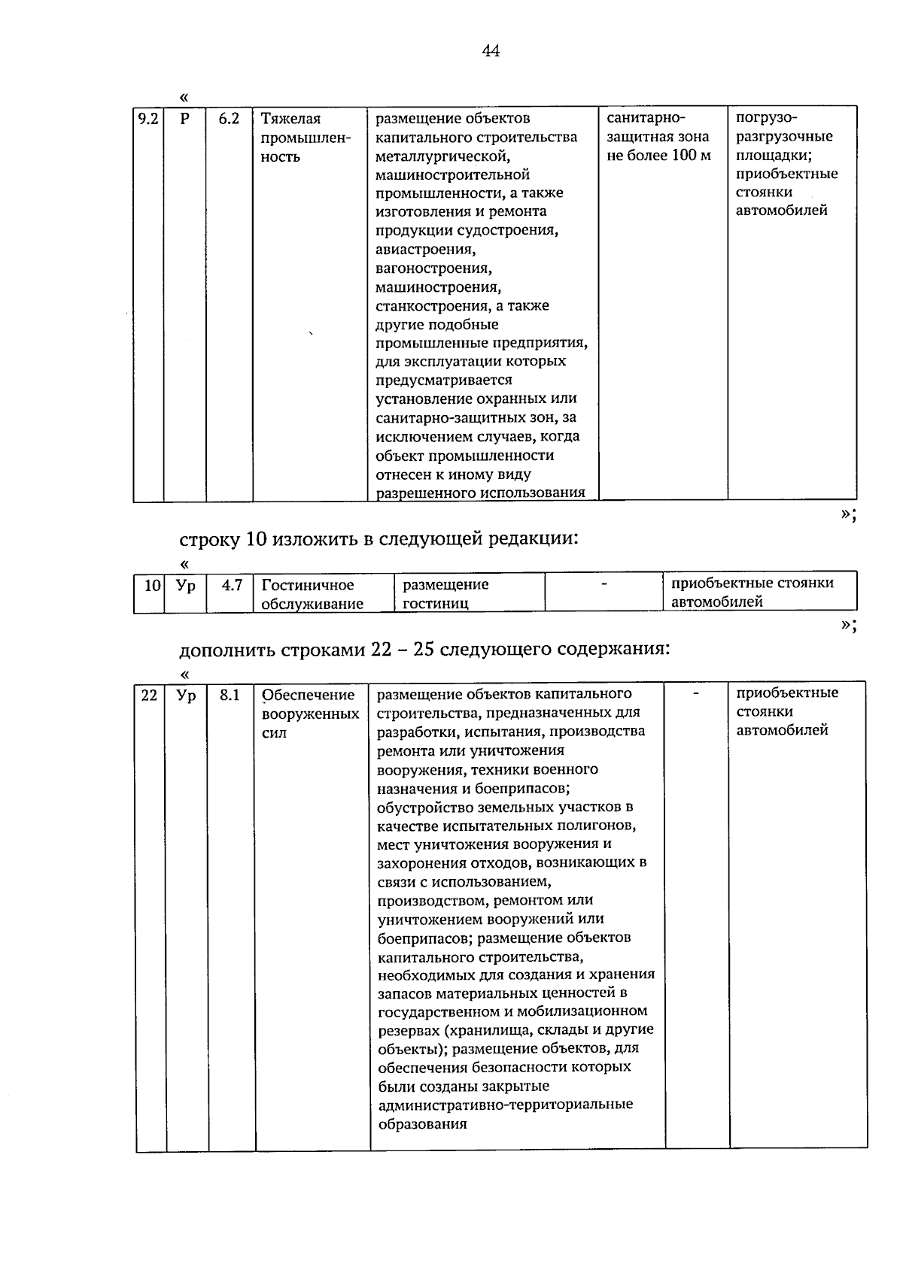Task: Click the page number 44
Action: tap(490, 51)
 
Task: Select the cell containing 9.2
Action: tap(148, 119)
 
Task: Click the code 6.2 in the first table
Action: tap(229, 119)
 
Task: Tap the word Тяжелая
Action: tap(290, 119)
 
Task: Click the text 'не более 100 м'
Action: tap(658, 156)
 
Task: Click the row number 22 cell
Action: tap(150, 696)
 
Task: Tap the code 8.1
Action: tap(230, 696)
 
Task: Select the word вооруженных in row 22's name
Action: tap(309, 714)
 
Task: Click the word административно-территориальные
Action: tap(504, 1105)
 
